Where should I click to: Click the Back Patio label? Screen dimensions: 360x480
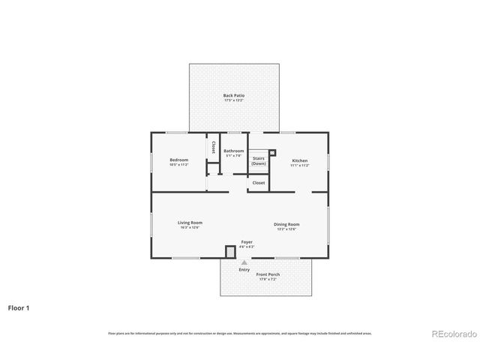click(234, 95)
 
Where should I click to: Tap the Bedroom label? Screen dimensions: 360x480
click(178, 160)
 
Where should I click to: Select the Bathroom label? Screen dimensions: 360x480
click(233, 151)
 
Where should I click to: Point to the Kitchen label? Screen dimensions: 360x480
click(299, 160)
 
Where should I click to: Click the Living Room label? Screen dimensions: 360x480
click(190, 223)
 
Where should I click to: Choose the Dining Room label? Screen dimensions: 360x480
click(286, 224)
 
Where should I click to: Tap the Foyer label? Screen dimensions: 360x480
click(247, 241)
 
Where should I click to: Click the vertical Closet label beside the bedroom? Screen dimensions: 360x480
click(214, 148)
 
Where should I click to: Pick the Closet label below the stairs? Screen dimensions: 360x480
click(259, 182)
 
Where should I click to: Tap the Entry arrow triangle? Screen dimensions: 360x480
click(244, 262)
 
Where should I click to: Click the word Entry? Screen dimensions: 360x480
click(244, 270)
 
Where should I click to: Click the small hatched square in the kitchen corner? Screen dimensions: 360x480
click(273, 153)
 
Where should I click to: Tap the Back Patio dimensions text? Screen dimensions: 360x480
click(234, 100)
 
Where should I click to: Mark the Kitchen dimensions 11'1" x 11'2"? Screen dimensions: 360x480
click(299, 165)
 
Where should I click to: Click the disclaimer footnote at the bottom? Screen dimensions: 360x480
click(240, 333)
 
